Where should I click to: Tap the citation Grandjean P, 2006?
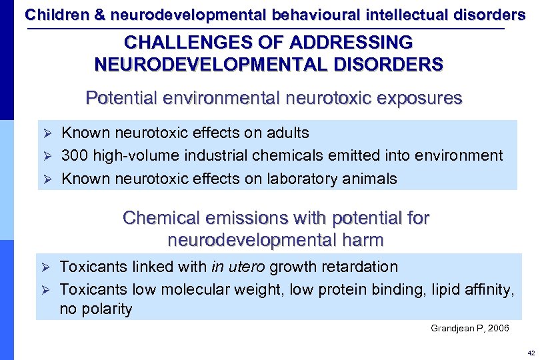pyautogui.click(x=471, y=328)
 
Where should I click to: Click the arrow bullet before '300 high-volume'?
pyautogui.click(x=46, y=157)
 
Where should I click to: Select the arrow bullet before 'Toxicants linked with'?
pyautogui.click(x=46, y=268)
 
